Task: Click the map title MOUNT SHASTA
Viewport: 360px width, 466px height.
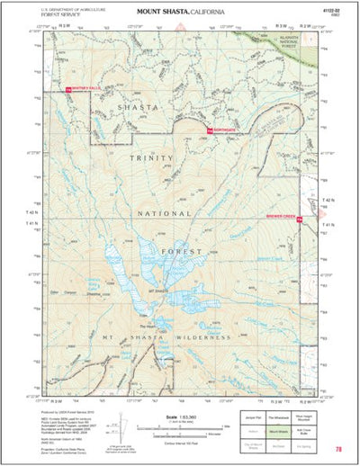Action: (x=162, y=11)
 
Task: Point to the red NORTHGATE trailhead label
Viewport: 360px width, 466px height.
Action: (x=223, y=131)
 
